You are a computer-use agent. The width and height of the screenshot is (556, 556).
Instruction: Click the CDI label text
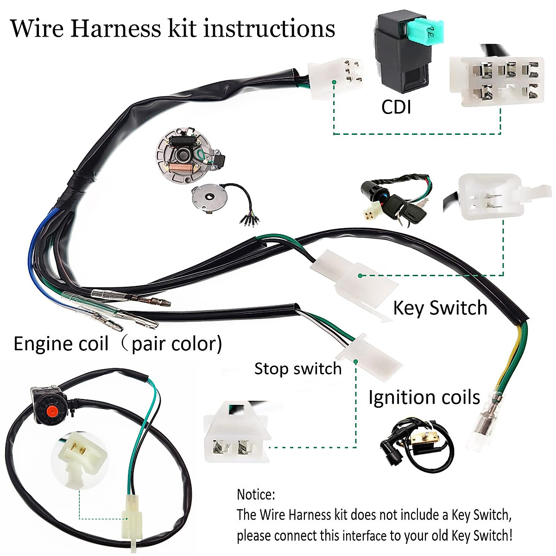[396, 107]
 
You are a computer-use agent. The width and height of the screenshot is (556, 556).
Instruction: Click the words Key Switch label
[440, 308]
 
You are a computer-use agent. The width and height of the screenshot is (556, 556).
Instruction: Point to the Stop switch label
[297, 369]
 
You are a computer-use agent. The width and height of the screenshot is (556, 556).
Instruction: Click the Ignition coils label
[424, 398]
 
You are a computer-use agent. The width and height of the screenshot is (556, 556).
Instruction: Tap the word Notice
[256, 494]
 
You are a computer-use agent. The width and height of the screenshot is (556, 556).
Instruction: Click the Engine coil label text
[61, 344]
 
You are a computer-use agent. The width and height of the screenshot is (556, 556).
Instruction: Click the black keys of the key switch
[408, 208]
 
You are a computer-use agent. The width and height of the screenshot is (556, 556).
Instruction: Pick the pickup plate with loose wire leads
[211, 200]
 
